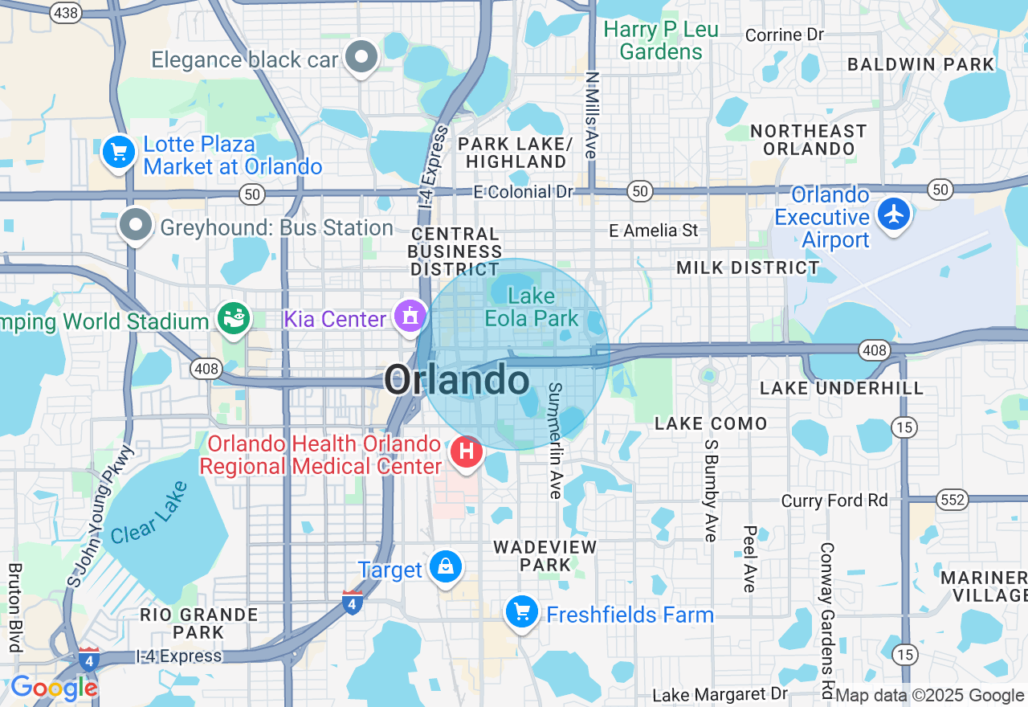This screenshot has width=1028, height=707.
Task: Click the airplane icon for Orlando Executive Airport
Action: (x=893, y=215)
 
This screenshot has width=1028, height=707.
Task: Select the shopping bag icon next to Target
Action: (x=445, y=567)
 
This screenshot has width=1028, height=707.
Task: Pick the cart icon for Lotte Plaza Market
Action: (x=119, y=151)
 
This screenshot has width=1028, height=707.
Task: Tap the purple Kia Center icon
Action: (x=410, y=317)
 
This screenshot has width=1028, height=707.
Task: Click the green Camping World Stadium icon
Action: (x=235, y=320)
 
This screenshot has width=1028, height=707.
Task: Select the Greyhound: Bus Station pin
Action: (x=136, y=226)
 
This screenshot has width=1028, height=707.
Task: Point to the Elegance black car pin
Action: (x=362, y=57)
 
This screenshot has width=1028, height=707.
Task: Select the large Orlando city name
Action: (x=456, y=380)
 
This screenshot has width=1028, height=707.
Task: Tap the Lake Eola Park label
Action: (x=531, y=308)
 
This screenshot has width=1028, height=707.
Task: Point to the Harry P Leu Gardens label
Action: (x=661, y=41)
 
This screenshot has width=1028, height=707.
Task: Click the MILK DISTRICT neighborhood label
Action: (x=748, y=268)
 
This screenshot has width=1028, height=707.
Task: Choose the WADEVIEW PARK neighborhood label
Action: (x=545, y=556)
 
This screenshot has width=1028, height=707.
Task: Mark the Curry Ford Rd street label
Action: (x=834, y=501)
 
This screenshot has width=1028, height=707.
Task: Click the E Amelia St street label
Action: (x=653, y=231)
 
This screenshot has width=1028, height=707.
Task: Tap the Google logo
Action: (x=54, y=689)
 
